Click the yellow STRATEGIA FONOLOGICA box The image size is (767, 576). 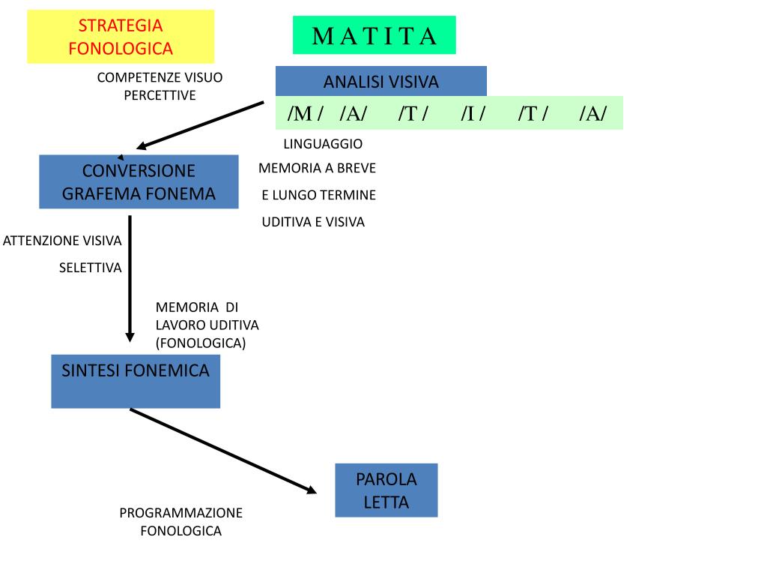coord(121,37)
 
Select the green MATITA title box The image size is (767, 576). coord(374,35)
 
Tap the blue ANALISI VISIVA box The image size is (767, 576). coord(381,82)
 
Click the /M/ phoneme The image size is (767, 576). coord(305,113)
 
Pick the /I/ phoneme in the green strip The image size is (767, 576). coord(473,113)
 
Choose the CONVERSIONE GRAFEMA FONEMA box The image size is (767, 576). coord(139,182)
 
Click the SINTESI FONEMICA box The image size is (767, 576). coord(136,381)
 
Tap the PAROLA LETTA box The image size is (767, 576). coord(386,490)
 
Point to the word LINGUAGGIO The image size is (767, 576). coord(323,143)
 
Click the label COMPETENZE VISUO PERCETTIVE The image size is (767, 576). coord(160,86)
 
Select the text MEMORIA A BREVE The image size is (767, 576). coord(317,168)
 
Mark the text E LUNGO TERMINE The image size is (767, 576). coord(318,195)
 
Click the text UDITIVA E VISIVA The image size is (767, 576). coord(313,222)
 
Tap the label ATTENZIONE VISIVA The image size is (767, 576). coord(62,241)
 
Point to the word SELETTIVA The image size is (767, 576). coord(90,268)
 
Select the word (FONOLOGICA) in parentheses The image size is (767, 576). coord(201,343)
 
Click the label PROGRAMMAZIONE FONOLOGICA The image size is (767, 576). coord(181,522)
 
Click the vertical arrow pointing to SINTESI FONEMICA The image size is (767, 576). coord(130,277)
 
